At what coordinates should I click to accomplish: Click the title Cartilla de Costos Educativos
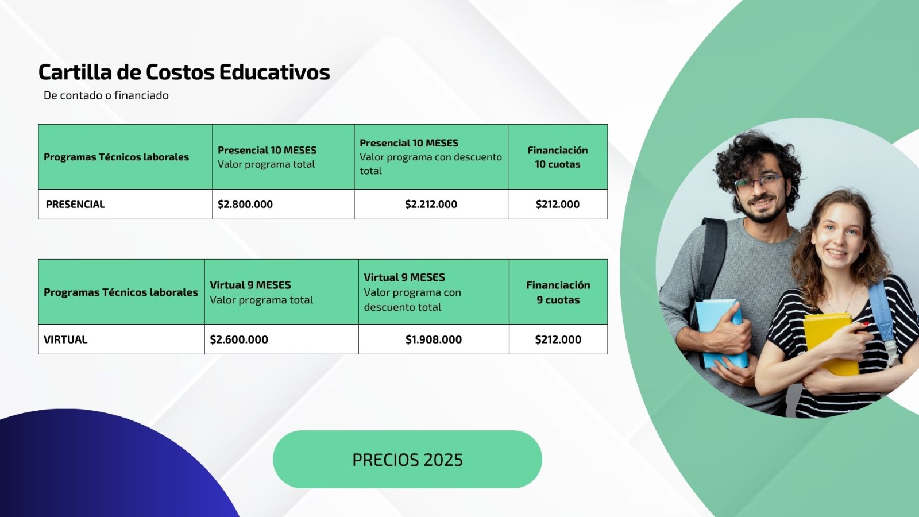(184, 72)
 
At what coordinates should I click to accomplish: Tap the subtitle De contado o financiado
(106, 95)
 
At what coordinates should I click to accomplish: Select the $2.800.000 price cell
(245, 204)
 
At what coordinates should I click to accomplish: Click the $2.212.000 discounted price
(431, 204)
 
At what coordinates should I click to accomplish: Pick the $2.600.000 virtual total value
(239, 339)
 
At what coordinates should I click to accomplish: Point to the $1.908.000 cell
(434, 339)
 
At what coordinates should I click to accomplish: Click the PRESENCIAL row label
(75, 204)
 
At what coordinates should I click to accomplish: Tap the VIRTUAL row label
(65, 339)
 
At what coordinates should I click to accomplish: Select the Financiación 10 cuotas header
(558, 157)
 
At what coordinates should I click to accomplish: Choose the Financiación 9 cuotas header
(558, 292)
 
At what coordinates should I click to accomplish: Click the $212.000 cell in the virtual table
(558, 339)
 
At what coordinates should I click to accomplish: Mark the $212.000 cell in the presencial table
(558, 204)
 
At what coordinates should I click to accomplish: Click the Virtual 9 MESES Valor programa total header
(261, 292)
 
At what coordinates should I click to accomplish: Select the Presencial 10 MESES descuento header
(431, 157)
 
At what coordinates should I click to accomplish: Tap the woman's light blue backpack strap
(882, 313)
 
